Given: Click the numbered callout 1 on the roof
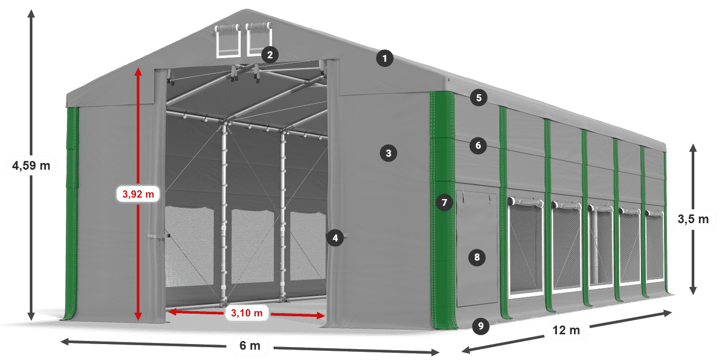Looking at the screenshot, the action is (385, 59).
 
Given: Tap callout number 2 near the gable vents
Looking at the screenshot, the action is (269, 55).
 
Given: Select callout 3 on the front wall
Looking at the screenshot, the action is (388, 153).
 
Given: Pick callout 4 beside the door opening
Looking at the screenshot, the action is (335, 238).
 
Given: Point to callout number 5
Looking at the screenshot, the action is (479, 98).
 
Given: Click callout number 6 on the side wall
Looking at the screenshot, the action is (478, 146).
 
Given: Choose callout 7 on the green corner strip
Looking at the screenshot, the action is (444, 203).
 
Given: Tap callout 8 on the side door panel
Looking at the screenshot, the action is (477, 258).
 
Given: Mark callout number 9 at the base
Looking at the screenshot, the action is (481, 326).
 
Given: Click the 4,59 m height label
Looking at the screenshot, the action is (31, 166).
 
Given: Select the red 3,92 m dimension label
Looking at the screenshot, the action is (138, 194).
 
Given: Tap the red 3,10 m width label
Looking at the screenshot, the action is (246, 313).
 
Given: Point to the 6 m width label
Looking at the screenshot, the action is (250, 346).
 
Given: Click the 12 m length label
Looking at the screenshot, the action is (566, 330).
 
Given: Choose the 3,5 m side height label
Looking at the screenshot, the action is (693, 219).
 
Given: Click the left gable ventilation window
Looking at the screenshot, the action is (228, 41).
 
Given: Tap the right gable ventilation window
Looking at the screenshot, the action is (259, 39).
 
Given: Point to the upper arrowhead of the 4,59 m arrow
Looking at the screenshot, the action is (31, 13).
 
